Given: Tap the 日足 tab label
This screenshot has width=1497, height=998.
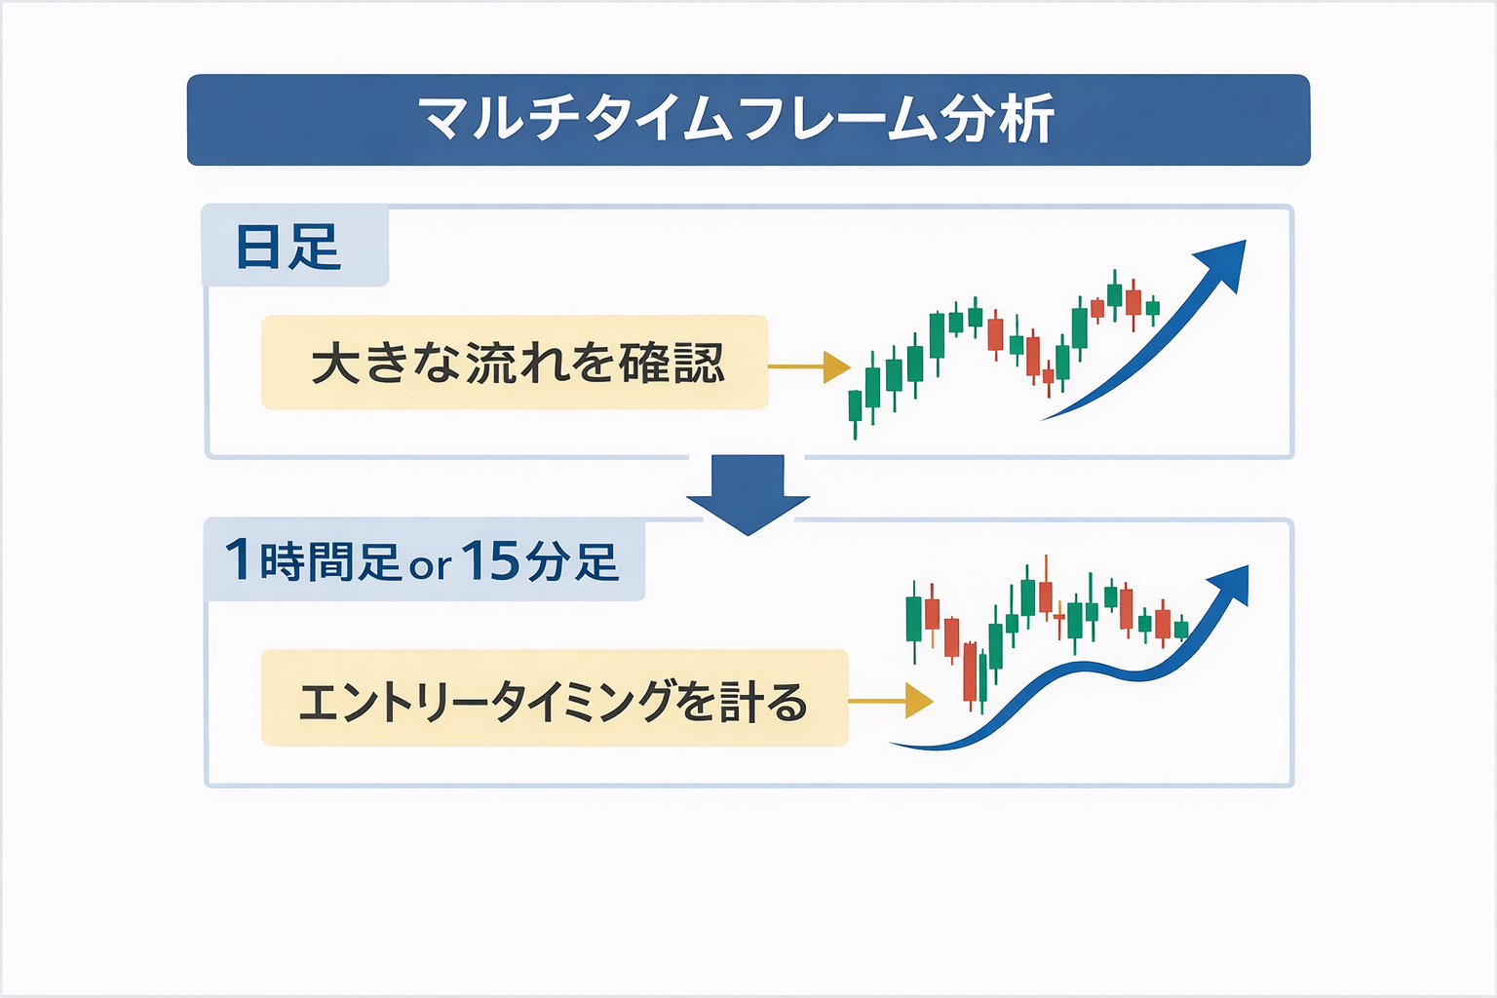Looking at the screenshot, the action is coord(288,247).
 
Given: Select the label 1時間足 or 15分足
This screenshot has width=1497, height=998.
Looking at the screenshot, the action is coord(422,559).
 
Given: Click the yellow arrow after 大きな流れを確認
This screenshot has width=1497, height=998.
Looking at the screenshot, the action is coord(809,367).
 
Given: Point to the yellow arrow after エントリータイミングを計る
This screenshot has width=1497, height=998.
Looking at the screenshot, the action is coord(891,701).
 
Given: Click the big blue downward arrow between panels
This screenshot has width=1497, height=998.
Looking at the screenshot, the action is coord(748,495).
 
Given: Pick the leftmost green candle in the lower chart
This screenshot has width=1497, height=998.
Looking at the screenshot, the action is coord(913,620).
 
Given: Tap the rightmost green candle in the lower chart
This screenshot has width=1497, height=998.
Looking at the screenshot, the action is coord(1181,629).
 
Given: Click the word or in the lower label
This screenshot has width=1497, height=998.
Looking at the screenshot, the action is coord(431,566).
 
